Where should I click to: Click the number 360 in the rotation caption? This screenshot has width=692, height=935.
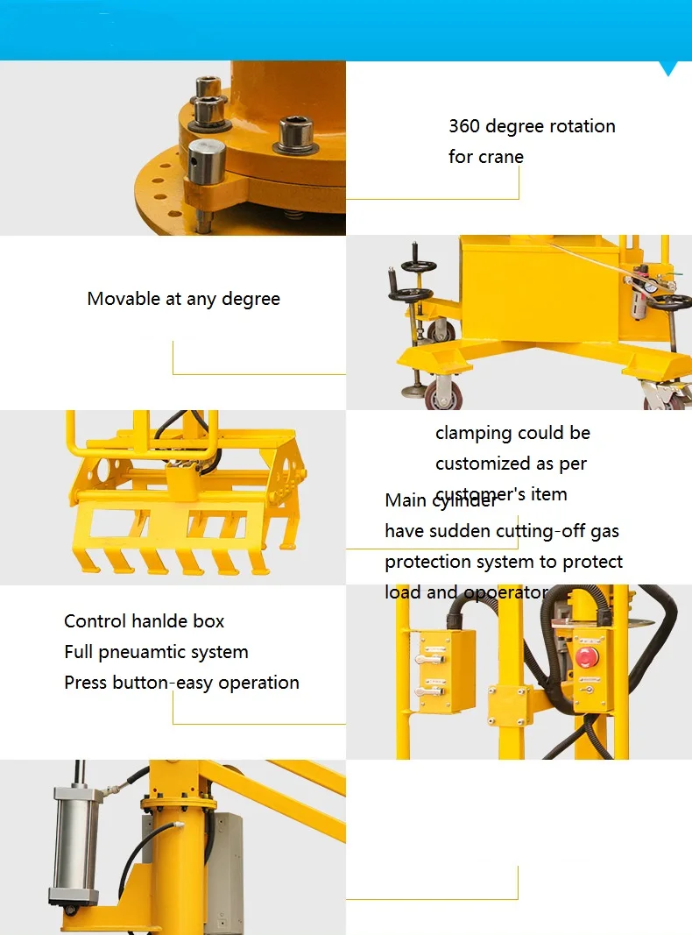463,126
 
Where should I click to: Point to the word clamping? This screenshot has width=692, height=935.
472,434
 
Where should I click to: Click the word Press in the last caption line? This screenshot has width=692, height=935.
86,683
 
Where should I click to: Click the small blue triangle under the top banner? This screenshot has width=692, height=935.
670,68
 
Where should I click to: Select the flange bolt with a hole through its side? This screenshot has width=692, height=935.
207,162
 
